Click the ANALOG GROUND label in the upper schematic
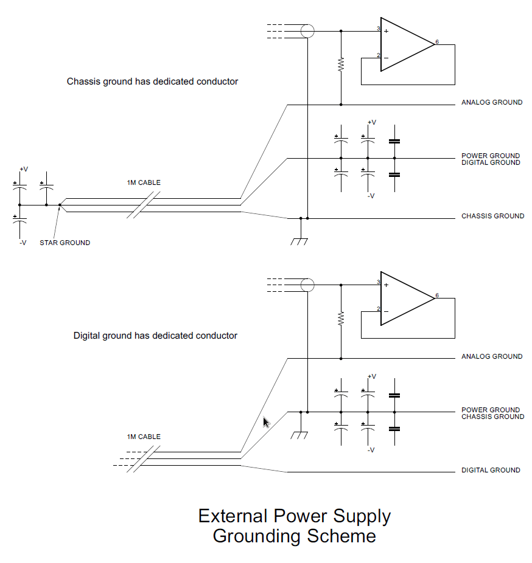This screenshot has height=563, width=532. click(491, 102)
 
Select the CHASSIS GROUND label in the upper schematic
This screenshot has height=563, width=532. click(492, 216)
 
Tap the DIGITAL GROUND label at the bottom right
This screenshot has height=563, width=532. click(491, 470)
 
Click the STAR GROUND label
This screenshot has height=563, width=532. click(65, 243)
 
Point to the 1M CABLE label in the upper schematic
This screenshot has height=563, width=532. click(144, 182)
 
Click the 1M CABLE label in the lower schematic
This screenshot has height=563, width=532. click(144, 437)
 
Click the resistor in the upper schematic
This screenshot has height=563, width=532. click(341, 64)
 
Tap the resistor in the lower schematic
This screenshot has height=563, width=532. click(341, 318)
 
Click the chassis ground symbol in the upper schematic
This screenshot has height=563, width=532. click(299, 240)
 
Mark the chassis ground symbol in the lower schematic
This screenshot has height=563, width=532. click(299, 434)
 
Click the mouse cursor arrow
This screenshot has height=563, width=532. click(266, 422)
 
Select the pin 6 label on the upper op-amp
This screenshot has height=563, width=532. click(437, 42)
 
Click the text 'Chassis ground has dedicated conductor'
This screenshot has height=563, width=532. click(152, 81)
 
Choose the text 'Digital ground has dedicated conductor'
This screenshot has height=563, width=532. click(155, 335)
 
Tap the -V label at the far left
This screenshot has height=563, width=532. click(23, 243)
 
